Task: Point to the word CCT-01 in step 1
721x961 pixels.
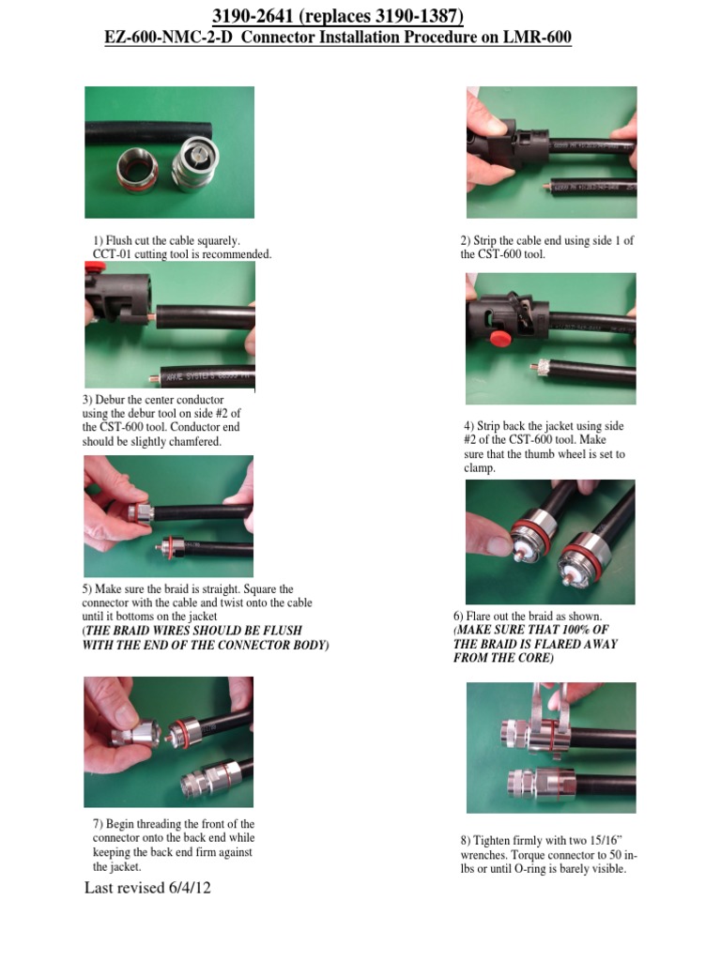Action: (x=114, y=254)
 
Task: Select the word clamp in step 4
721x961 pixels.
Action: (x=473, y=468)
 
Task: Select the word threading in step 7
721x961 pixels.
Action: (x=168, y=824)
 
